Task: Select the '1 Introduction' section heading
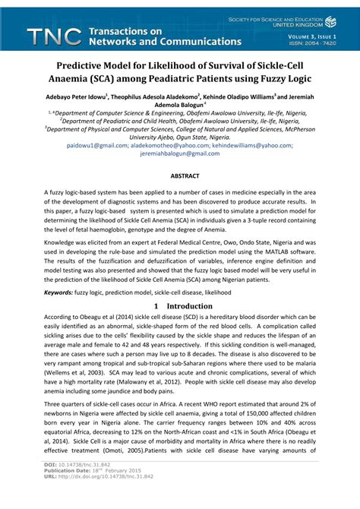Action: [x=179, y=306]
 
